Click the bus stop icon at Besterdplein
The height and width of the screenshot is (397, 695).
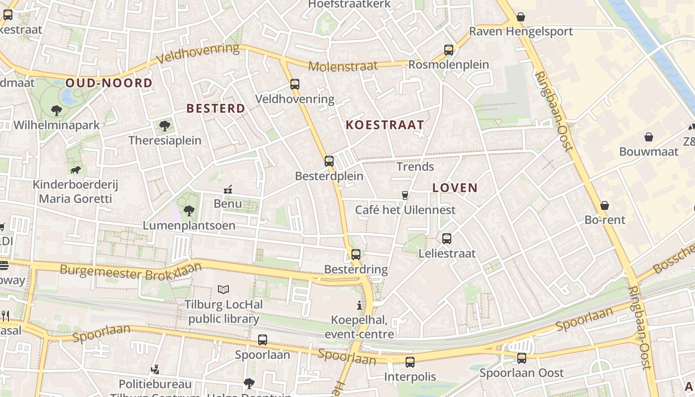329,161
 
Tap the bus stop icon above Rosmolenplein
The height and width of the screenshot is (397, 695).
449,50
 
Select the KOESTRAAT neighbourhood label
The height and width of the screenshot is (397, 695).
385,125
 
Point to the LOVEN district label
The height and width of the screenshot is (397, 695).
455,188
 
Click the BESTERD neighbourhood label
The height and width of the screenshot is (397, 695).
215,108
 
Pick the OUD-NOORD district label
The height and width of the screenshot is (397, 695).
109,83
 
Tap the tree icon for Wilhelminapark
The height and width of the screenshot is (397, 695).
57,110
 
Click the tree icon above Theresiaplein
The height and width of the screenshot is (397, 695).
165,126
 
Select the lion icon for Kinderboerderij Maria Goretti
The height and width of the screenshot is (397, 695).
75,171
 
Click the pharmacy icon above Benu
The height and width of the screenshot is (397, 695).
228,189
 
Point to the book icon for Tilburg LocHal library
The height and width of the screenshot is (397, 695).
223,289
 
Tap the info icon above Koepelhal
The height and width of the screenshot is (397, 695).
359,305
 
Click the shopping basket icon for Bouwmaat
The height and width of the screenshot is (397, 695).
648,137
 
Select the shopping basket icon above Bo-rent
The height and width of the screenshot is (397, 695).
605,205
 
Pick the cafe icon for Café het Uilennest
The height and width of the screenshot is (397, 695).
405,195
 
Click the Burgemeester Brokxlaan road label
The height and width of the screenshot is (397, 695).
131,271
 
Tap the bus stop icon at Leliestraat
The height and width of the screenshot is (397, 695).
447,239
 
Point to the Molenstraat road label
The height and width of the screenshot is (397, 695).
343,66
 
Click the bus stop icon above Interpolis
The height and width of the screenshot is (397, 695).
410,362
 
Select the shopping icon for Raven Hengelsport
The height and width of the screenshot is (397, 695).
521,17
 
